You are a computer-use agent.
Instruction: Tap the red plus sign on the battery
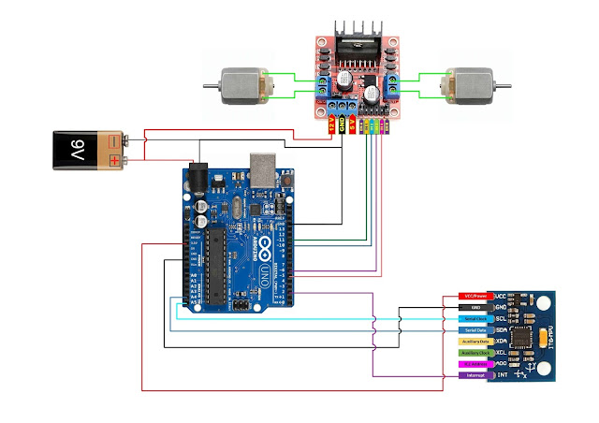[114, 161]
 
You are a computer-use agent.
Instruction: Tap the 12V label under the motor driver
[331, 124]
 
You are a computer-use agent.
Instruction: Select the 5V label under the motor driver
[353, 124]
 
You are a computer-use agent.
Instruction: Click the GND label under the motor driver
[342, 124]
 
